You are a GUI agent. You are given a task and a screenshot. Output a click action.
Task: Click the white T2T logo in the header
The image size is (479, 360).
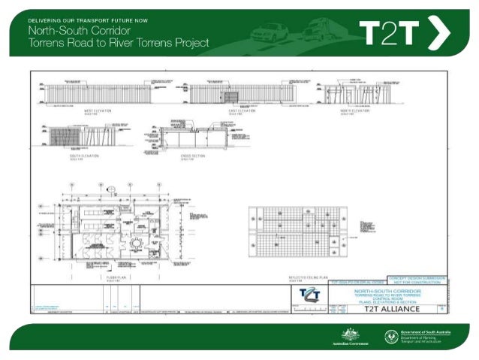click(390, 33)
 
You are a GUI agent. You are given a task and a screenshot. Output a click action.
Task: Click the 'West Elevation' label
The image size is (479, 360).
click(98, 110)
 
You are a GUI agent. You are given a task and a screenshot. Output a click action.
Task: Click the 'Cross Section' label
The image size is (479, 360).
click(191, 156)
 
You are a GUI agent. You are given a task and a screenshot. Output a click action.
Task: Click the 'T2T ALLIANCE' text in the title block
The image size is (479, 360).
click(395, 308)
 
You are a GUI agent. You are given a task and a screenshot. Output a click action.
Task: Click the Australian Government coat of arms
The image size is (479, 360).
click(347, 334)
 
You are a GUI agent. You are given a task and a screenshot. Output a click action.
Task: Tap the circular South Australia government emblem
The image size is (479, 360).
click(390, 337)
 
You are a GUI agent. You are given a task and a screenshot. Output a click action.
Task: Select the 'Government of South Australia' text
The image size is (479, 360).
click(428, 331)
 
